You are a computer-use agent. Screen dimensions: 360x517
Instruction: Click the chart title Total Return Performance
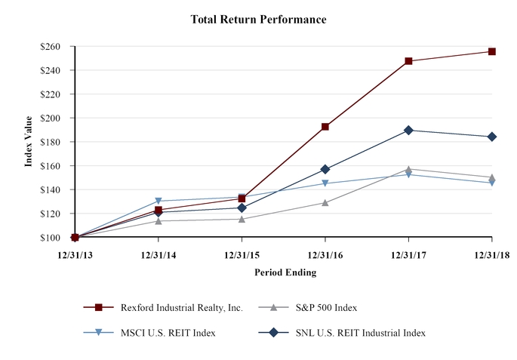(258, 20)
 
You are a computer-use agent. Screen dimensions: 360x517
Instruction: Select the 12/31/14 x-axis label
(158, 254)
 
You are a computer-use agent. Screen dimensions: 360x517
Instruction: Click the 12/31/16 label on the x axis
(325, 254)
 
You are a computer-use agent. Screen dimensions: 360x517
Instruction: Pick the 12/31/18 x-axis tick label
(491, 254)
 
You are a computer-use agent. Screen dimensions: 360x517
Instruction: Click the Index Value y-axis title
(29, 141)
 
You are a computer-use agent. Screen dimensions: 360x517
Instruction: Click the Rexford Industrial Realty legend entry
(181, 307)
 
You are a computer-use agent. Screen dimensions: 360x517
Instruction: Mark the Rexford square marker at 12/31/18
(492, 51)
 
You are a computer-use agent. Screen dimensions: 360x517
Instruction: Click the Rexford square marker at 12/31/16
(325, 127)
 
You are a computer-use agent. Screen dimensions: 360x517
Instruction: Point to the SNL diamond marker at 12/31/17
(408, 130)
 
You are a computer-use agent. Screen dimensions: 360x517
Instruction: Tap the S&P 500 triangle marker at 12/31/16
(325, 202)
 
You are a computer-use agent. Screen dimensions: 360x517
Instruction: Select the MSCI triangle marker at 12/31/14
(158, 202)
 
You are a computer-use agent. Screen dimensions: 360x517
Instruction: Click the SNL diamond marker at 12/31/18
(492, 137)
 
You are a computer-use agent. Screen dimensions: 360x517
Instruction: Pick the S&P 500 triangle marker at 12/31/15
(242, 219)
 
